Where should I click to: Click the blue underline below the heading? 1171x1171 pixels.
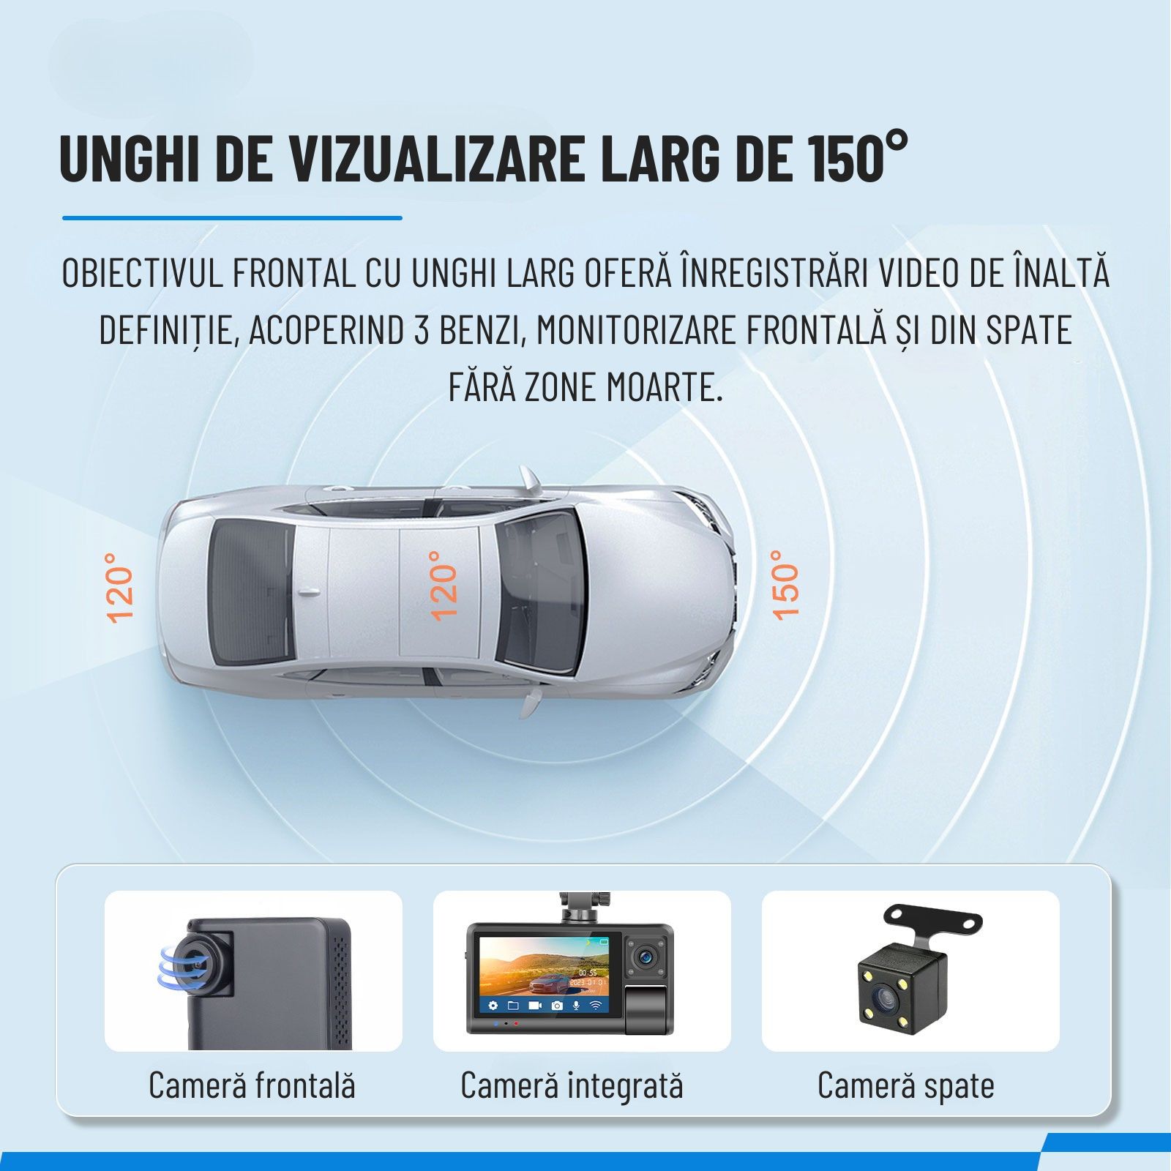click(x=232, y=217)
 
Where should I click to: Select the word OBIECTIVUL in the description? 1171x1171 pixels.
click(x=142, y=272)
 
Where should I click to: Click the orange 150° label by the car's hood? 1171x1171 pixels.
click(x=785, y=585)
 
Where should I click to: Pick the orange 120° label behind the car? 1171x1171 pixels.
click(x=121, y=588)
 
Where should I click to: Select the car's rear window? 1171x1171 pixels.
click(x=249, y=591)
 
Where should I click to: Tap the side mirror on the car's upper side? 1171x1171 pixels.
click(x=531, y=480)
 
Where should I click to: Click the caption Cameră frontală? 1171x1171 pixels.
click(x=252, y=1085)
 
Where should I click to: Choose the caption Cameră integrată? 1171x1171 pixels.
click(x=572, y=1085)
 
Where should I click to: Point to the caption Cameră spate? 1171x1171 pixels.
click(x=906, y=1085)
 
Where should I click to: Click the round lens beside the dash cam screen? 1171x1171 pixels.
click(x=646, y=955)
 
